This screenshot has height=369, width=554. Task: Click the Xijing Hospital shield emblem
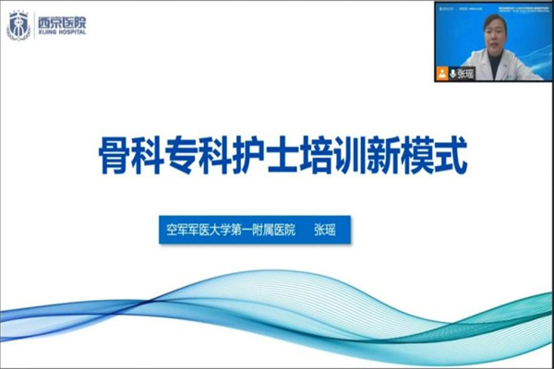point(18,25)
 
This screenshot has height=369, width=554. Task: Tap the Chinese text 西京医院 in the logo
point(61,19)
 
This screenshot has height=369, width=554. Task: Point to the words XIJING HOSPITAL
point(61,32)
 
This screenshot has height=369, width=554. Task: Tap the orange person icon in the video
point(442,74)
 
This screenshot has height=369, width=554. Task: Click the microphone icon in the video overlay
point(452,74)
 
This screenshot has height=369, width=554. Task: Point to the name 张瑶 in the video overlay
point(466,74)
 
